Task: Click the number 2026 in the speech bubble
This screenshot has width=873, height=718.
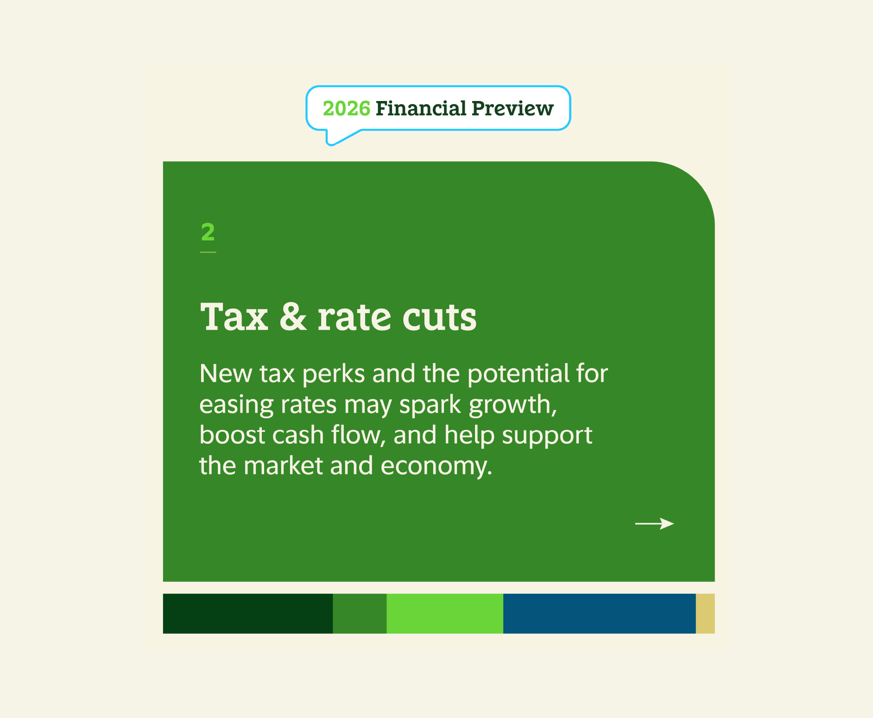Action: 346,109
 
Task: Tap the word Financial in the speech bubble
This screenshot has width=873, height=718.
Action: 421,109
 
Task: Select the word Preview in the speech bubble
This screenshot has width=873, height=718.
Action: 512,109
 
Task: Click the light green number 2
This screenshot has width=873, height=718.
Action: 208,232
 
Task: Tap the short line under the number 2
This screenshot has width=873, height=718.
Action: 208,252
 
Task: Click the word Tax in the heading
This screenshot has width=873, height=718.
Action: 234,317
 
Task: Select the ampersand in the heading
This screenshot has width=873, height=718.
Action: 293,317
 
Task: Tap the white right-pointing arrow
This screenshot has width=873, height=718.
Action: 654,523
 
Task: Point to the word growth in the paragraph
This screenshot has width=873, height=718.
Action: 512,405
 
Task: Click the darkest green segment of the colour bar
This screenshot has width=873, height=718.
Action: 247,613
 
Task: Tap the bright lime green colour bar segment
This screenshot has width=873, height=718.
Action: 445,613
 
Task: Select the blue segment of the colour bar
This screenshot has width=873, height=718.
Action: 599,613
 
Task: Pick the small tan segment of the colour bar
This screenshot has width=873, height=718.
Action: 705,613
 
